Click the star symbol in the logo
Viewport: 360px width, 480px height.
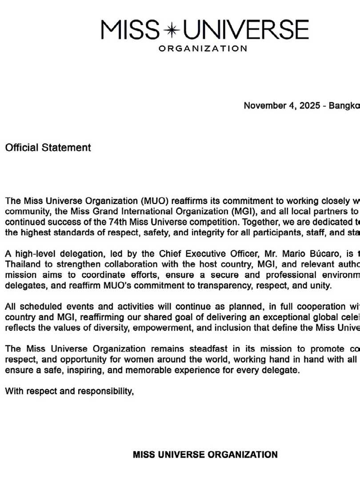click(172, 30)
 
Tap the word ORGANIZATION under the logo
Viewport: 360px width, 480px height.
click(203, 48)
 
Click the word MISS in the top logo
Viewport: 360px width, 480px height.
click(130, 30)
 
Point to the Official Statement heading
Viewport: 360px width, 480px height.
click(48, 148)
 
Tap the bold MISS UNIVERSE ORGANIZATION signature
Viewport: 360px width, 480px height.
click(205, 454)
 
